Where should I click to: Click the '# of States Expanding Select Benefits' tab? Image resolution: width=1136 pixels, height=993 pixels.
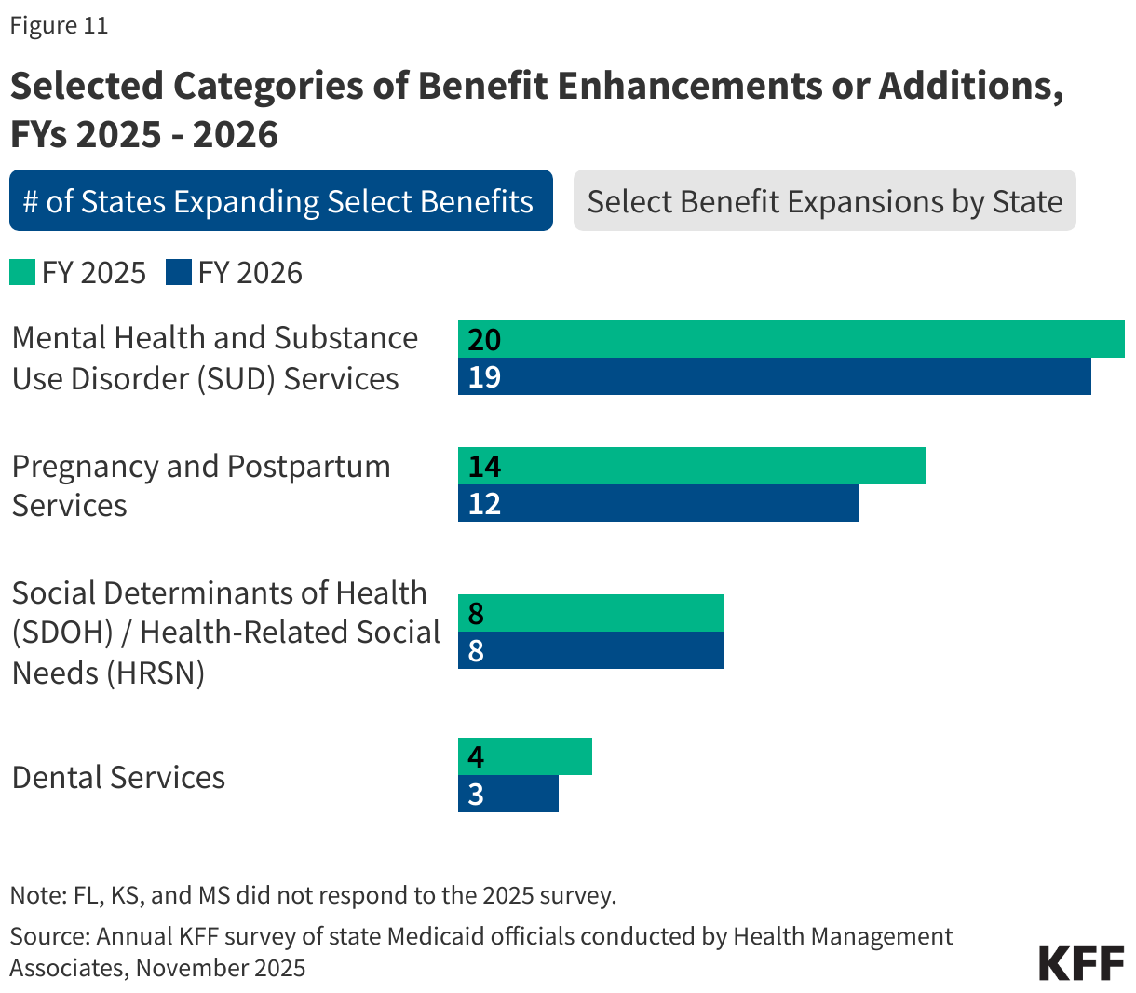[x=280, y=200]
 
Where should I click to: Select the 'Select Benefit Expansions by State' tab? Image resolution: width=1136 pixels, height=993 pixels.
[x=824, y=200]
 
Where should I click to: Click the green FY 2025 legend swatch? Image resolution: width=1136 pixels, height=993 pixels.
[x=22, y=273]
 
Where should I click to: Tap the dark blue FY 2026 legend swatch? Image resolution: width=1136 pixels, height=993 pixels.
[x=179, y=273]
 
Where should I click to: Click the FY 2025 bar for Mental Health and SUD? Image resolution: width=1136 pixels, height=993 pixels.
[x=791, y=339]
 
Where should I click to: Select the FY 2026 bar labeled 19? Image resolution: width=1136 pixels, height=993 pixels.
[x=774, y=376]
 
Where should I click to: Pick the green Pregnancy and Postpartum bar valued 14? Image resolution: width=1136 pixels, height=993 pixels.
[x=692, y=466]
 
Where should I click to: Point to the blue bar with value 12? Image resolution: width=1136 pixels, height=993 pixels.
[x=658, y=503]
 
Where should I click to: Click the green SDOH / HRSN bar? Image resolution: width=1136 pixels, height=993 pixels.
[x=591, y=613]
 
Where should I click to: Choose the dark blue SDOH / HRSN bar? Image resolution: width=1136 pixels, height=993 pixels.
[x=591, y=650]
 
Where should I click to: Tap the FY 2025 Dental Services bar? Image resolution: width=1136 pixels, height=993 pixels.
[x=525, y=756]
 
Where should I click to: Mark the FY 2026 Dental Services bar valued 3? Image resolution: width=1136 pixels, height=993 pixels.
[x=508, y=794]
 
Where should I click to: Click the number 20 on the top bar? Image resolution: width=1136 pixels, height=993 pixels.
[x=484, y=339]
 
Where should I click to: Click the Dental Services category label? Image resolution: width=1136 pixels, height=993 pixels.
[x=118, y=777]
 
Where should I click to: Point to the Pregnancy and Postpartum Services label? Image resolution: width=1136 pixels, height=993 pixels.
[x=201, y=485]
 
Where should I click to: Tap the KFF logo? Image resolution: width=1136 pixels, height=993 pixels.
[x=1081, y=962]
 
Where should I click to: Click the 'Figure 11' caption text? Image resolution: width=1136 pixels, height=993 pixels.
[x=59, y=25]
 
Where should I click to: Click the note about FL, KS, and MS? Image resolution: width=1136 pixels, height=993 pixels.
[x=313, y=895]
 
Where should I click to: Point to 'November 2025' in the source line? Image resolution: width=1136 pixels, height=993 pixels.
[x=221, y=968]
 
